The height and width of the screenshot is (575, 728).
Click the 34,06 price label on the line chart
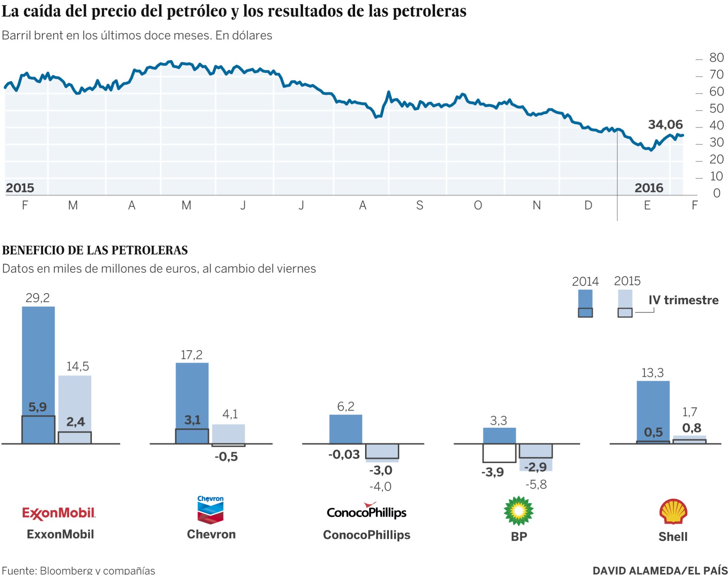(665, 124)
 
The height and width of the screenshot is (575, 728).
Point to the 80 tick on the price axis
(716, 58)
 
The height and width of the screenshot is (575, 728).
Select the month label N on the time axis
(536, 205)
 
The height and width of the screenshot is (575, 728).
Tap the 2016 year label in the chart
(649, 188)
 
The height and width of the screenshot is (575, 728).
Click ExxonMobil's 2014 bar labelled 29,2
(38, 357)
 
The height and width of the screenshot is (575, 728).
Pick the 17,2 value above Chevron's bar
(191, 355)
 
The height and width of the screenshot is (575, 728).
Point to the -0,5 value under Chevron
(226, 457)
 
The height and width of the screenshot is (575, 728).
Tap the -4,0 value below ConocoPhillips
(380, 486)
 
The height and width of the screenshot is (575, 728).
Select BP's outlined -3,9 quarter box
(499, 453)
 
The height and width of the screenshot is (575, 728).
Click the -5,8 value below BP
(536, 484)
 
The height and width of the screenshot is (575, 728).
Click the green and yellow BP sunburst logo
(519, 511)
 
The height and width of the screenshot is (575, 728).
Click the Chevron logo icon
(210, 510)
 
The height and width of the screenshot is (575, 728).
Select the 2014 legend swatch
(585, 303)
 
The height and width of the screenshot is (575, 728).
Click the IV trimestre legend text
(683, 300)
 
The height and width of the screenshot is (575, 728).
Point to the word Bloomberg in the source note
(66, 570)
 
